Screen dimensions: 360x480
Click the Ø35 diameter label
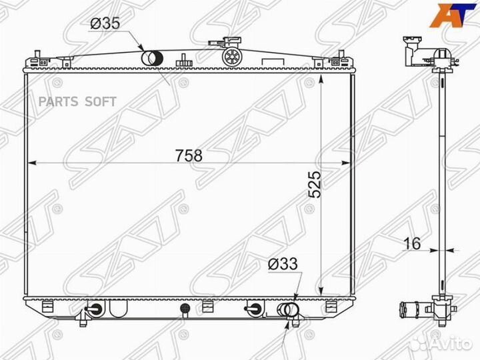(x=105, y=23)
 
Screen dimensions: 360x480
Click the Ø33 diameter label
(x=283, y=265)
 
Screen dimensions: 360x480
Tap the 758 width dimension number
(x=188, y=155)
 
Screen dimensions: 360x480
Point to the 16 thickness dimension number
(x=412, y=243)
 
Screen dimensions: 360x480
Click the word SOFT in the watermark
(x=100, y=101)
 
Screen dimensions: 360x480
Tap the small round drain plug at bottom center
(x=185, y=309)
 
